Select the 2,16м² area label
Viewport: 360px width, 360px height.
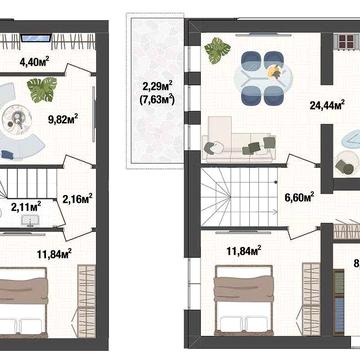[x=77, y=198]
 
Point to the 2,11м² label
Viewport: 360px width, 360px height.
[x=26, y=207]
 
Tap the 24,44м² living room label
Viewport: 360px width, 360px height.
[x=327, y=102]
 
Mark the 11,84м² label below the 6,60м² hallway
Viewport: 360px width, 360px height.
[x=245, y=249]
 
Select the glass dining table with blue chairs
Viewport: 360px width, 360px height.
[x=259, y=74]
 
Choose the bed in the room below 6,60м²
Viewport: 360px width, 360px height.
[x=248, y=295]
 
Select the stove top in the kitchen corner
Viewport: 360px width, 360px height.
[x=347, y=43]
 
